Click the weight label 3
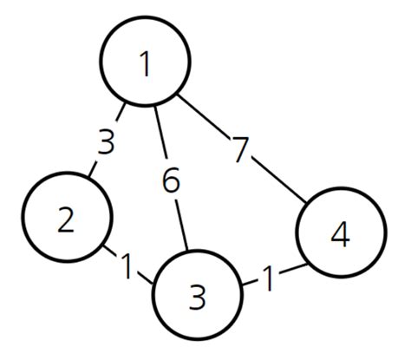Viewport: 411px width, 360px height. pyautogui.click(x=106, y=141)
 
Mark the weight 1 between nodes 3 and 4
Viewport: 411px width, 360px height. pyautogui.click(x=270, y=278)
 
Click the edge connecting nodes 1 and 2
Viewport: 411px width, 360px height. pyautogui.click(x=122, y=115)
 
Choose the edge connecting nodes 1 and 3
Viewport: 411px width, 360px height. pyautogui.click(x=160, y=130)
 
